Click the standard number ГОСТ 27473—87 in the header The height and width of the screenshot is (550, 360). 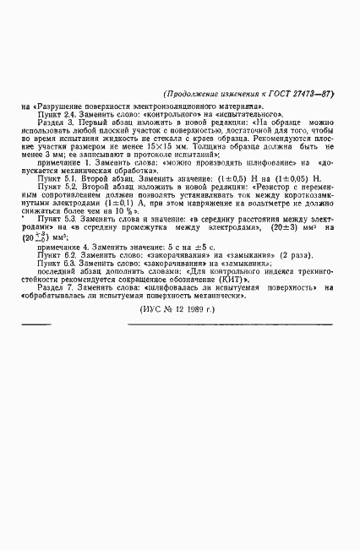click(298, 94)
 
